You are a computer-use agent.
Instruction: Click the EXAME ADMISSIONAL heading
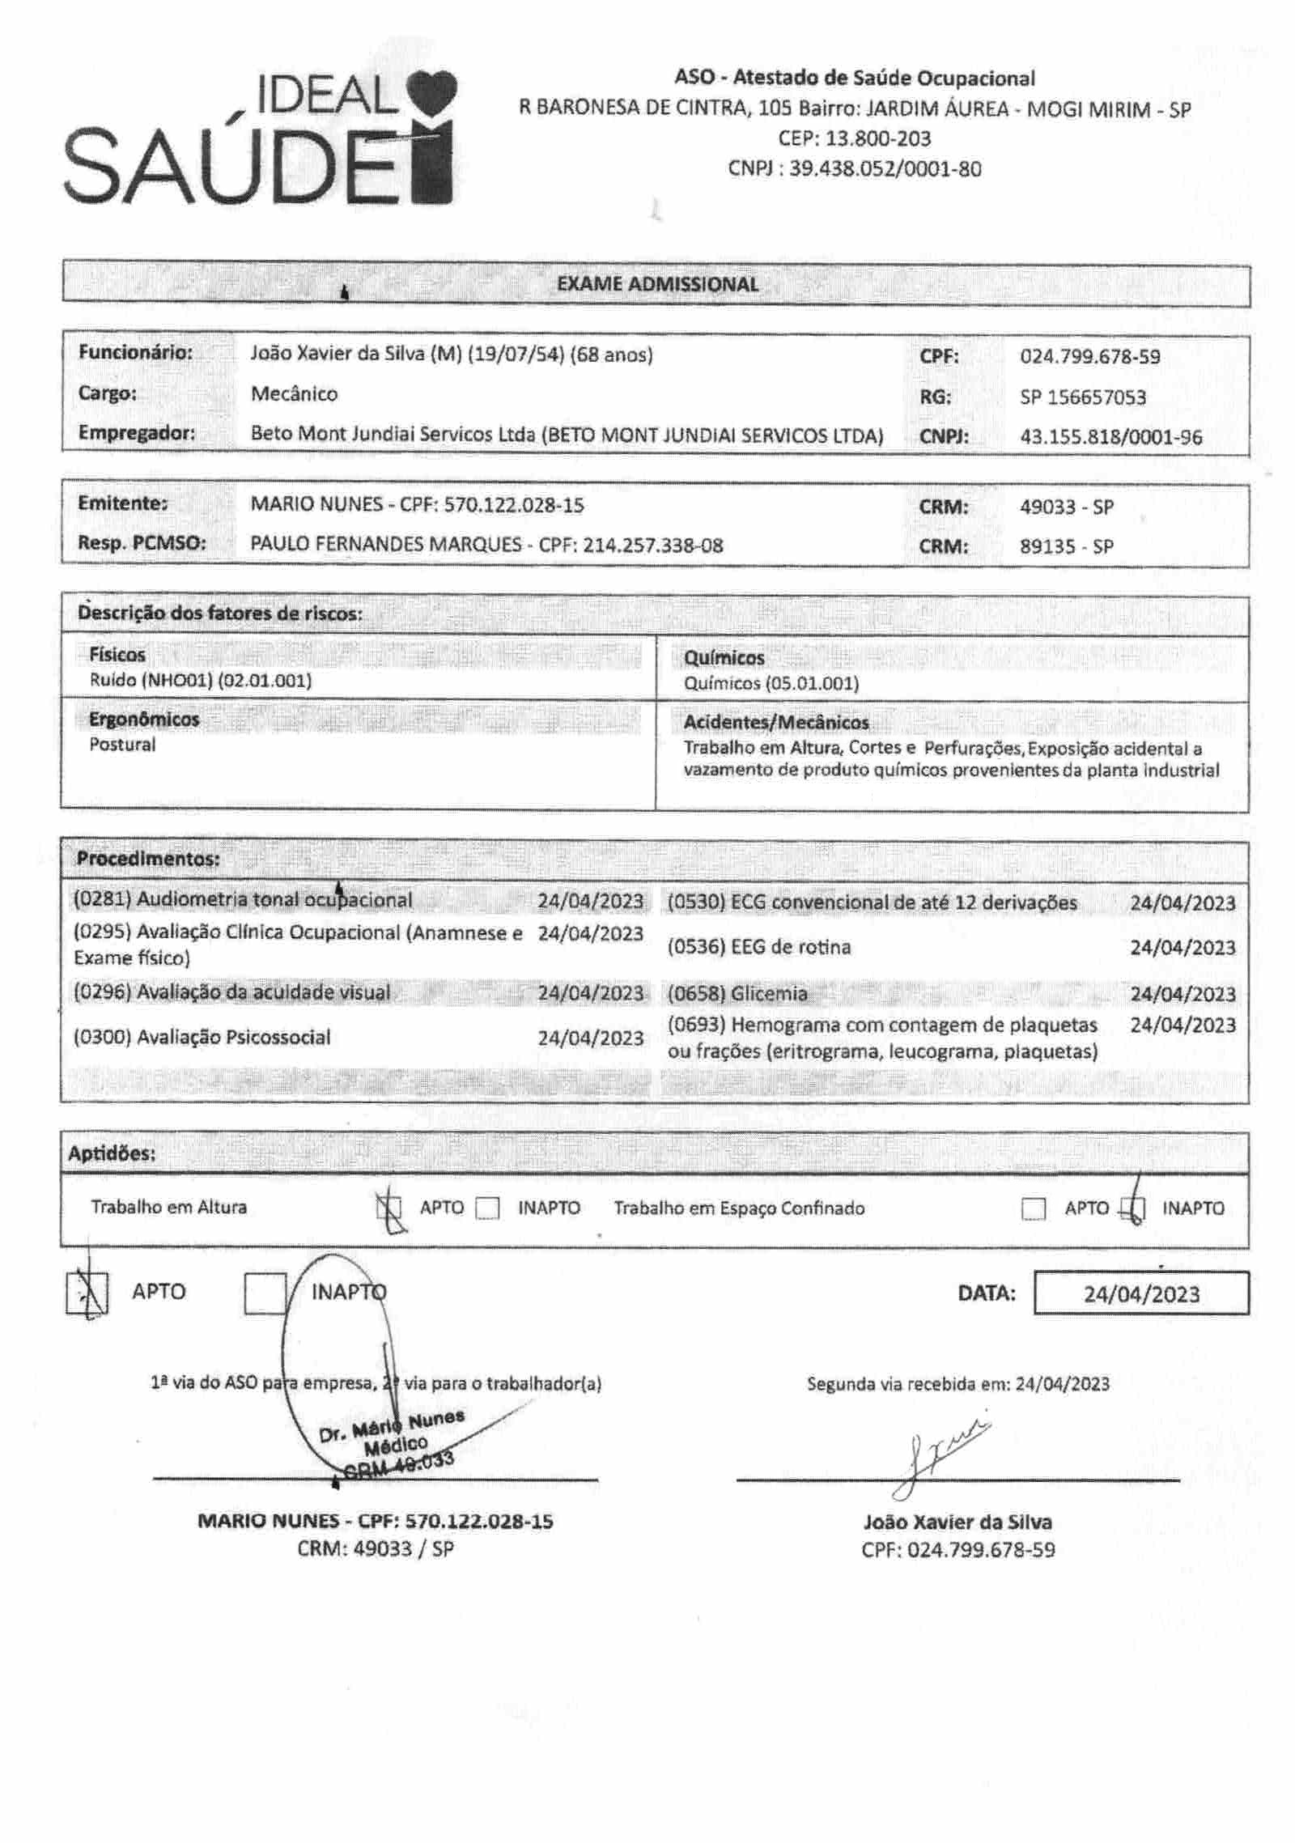point(657,284)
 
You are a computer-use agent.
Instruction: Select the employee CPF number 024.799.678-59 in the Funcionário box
point(1089,356)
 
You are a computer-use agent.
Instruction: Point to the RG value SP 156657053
point(1082,397)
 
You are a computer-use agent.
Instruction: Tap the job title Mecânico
point(294,394)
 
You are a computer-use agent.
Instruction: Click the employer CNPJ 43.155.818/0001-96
point(1110,437)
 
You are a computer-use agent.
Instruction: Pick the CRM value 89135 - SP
point(1066,546)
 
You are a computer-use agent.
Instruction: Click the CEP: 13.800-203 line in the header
point(854,138)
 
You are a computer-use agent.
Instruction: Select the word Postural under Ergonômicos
point(122,745)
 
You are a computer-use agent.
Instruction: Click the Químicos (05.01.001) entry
point(771,683)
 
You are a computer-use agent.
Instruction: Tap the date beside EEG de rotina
point(1182,947)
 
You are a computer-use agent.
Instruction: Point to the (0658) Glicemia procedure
point(737,993)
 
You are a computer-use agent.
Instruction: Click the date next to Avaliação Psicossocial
point(590,1038)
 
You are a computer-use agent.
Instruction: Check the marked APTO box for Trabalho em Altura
point(390,1209)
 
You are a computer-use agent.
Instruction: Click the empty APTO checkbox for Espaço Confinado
point(1034,1209)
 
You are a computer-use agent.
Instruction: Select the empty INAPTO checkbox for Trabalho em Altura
point(487,1208)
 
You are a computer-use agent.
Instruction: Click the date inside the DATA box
point(1141,1293)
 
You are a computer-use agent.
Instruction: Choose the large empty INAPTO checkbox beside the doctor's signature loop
point(265,1293)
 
